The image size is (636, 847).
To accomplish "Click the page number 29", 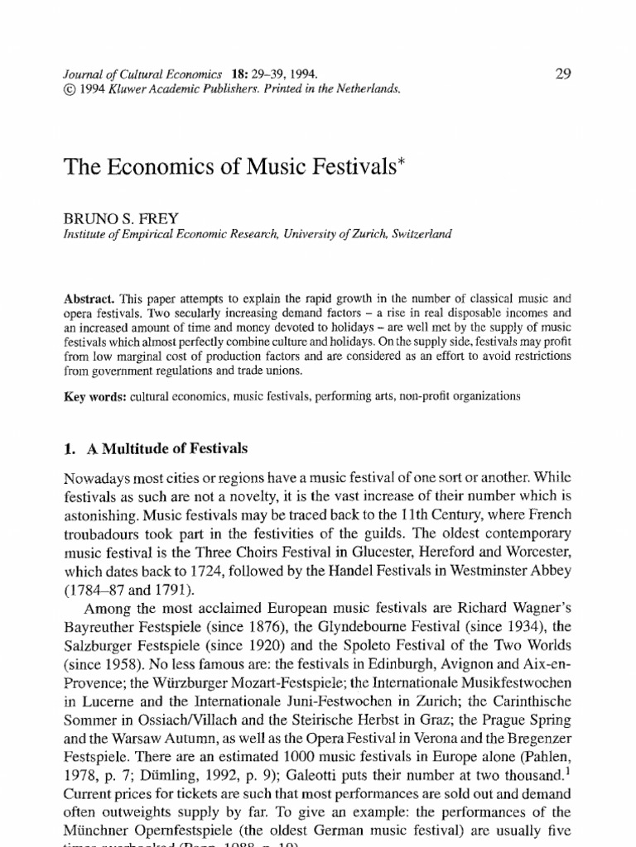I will (563, 74).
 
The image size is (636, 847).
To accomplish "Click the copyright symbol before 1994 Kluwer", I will (69, 90).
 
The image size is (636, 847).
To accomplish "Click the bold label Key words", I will (91, 395).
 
